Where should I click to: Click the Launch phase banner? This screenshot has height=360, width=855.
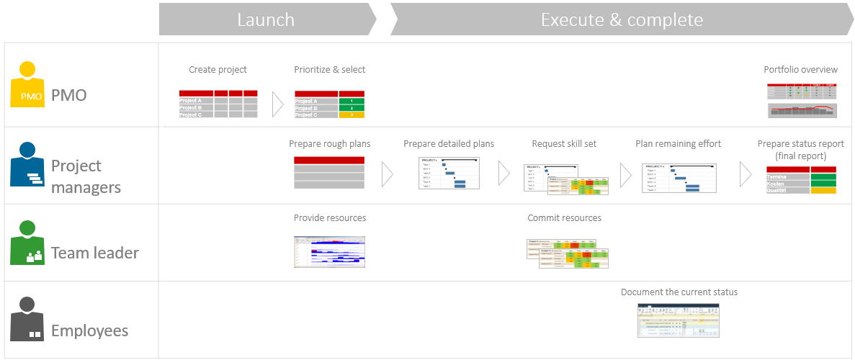(266, 19)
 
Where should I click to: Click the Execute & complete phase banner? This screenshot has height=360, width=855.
(621, 19)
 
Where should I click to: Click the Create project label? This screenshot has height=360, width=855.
(218, 70)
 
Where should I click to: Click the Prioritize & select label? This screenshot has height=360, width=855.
(329, 70)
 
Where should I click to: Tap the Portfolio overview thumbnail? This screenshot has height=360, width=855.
(802, 100)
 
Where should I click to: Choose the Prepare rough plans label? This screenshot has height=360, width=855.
(329, 144)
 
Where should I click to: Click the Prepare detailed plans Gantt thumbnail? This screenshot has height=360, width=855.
(449, 173)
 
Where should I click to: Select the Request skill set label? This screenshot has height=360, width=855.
(564, 144)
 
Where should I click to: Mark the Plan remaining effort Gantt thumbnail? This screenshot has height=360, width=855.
(678, 177)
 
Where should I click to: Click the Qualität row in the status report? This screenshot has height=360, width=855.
(801, 190)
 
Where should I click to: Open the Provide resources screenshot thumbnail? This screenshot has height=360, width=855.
(329, 252)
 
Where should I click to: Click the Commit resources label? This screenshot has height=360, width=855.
(564, 218)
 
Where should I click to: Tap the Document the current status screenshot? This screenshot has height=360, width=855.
(678, 320)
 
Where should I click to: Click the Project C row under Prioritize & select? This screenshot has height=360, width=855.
(329, 115)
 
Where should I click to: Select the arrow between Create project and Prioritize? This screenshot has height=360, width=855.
(277, 104)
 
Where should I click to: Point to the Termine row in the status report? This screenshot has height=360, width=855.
(801, 176)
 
